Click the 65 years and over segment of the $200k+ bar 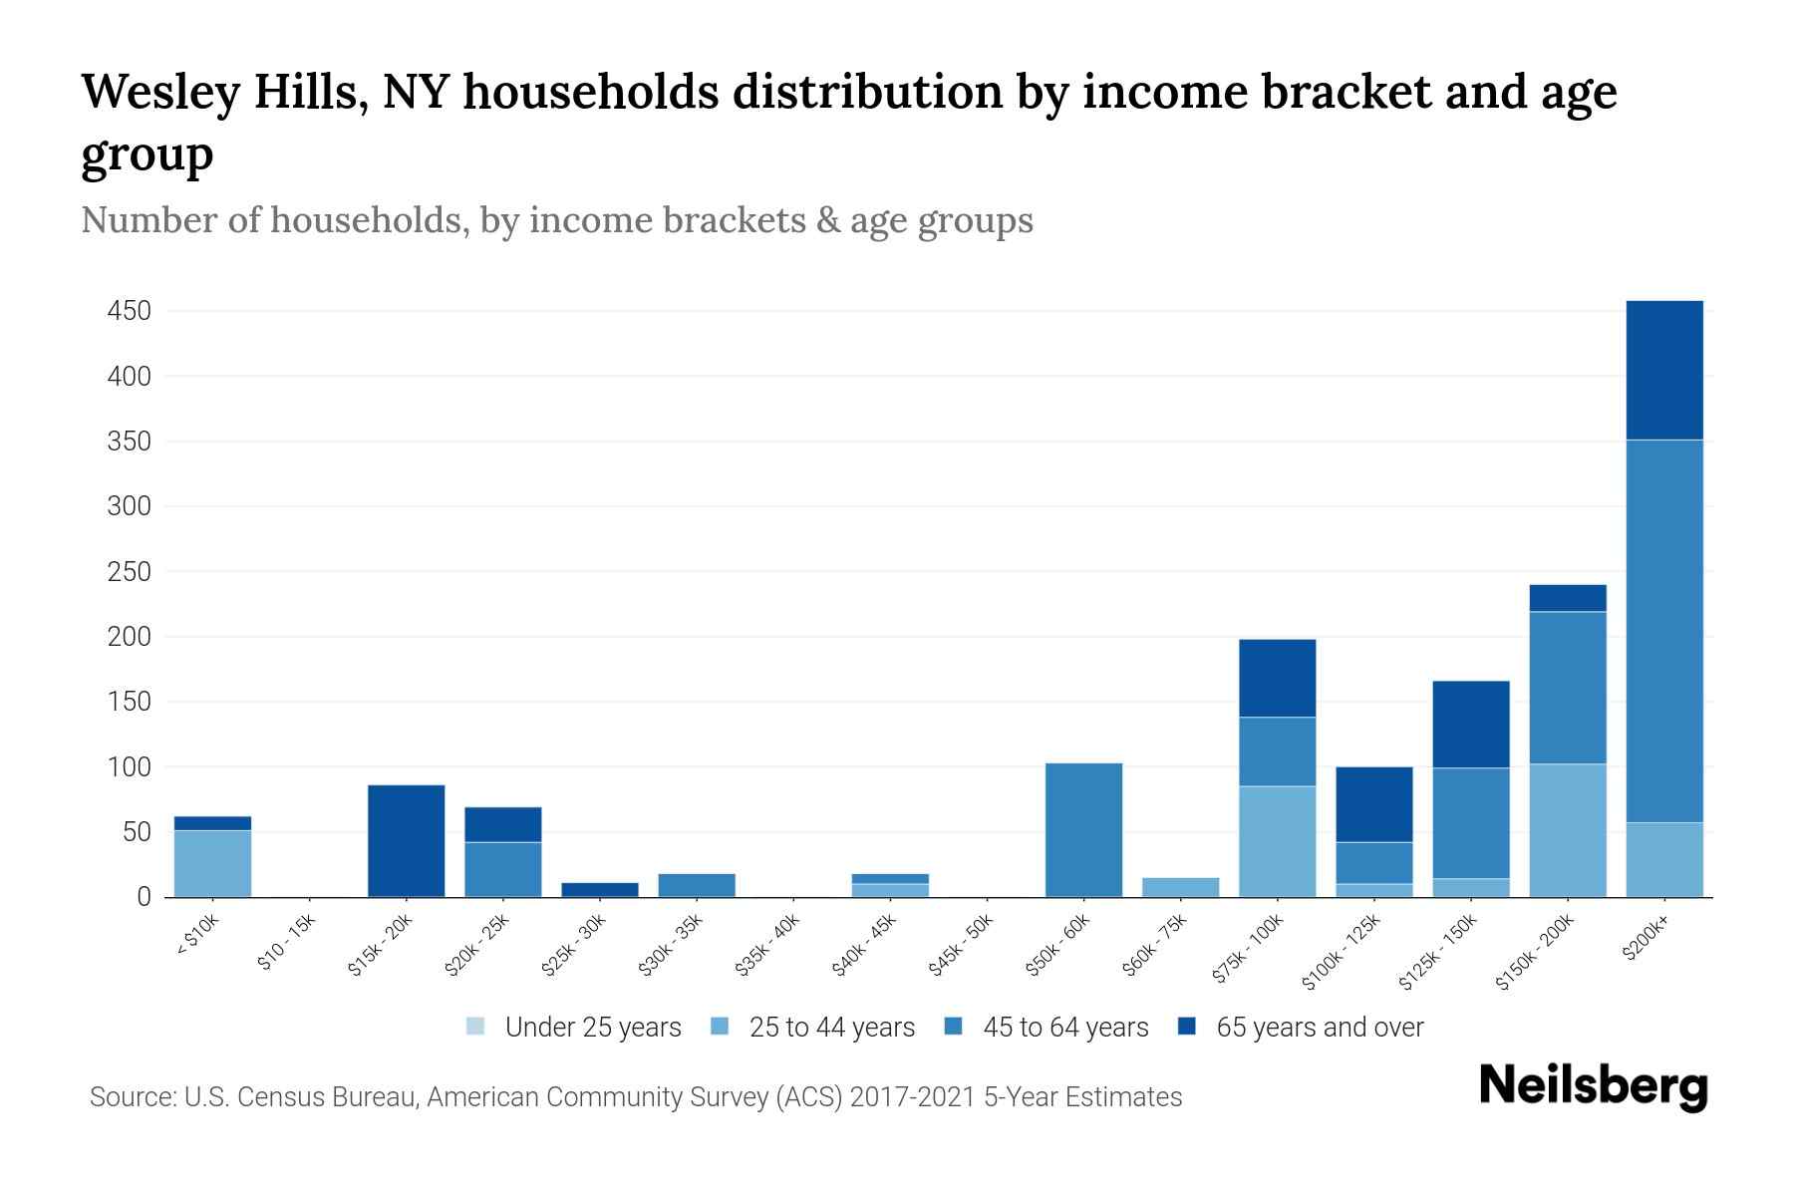[x=1663, y=370]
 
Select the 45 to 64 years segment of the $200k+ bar [x=1663, y=630]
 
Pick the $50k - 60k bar [x=1083, y=829]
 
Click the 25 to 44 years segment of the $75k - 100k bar [x=1277, y=841]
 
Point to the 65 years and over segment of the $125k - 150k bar [x=1470, y=724]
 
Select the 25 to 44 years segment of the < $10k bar [x=212, y=863]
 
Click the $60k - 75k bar [x=1180, y=887]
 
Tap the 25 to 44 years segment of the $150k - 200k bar [x=1567, y=830]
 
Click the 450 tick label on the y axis [x=130, y=311]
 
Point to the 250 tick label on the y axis [x=130, y=572]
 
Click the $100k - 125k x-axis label [x=1343, y=954]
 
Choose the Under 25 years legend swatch [x=475, y=1027]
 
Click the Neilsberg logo [x=1593, y=1085]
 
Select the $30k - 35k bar [x=696, y=885]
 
